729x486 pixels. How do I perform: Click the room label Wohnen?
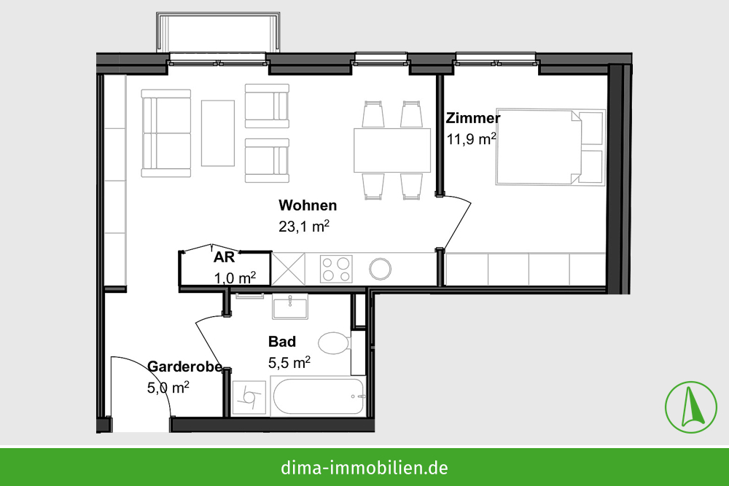point(308,205)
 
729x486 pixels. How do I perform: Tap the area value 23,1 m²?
point(304,227)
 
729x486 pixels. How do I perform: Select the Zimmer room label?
point(473,118)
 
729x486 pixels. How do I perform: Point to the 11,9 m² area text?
point(472,139)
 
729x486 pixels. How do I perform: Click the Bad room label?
point(281,342)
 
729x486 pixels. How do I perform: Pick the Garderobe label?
point(184,367)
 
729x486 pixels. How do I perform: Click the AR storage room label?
point(224,257)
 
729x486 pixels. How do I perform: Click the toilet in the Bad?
point(335,343)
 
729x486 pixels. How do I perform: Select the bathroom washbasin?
point(290,307)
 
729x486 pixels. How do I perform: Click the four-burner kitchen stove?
point(336,269)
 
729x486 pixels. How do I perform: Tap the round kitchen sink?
point(381,269)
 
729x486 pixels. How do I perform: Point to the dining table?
point(392,151)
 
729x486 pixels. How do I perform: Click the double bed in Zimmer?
point(550,147)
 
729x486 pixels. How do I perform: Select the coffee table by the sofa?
point(217,133)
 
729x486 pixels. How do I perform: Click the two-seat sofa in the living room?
point(166,133)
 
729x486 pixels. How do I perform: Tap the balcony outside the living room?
point(218,32)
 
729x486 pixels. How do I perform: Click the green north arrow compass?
point(691,407)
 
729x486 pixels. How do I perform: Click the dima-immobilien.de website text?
point(364,467)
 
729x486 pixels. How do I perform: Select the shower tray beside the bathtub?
point(249,398)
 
